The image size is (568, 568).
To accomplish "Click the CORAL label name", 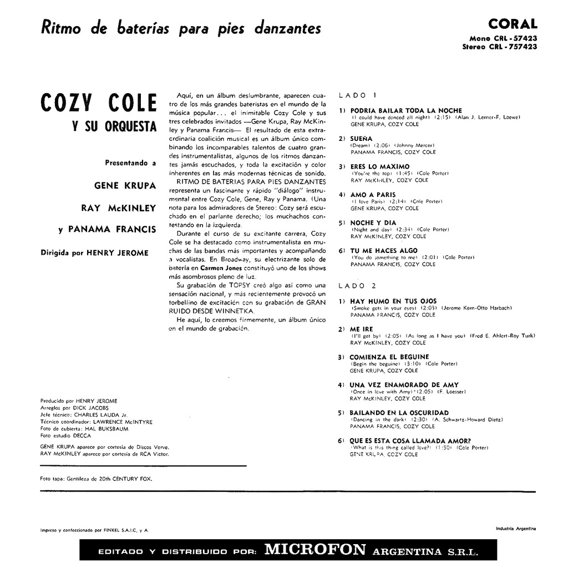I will pyautogui.click(x=513, y=24).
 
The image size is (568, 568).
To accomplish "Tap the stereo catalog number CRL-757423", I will pyautogui.click(x=499, y=47).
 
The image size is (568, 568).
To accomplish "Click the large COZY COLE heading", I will pyautogui.click(x=99, y=104).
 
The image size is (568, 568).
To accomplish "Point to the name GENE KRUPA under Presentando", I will pyautogui.click(x=125, y=185).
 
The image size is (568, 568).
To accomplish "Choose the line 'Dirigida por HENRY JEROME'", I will pyautogui.click(x=95, y=253).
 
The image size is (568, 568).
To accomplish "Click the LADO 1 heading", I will pyautogui.click(x=357, y=95).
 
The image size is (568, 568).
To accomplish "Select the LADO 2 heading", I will pyautogui.click(x=357, y=286).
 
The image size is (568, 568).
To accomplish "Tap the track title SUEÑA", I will pyautogui.click(x=362, y=139).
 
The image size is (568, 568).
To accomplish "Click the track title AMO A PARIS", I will pyautogui.click(x=373, y=195).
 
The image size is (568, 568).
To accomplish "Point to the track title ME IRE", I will pyautogui.click(x=362, y=329).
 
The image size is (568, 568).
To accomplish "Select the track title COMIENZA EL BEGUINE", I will pyautogui.click(x=389, y=357).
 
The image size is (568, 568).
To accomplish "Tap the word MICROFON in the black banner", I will pyautogui.click(x=315, y=550).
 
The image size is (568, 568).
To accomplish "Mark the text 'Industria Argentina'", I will pyautogui.click(x=516, y=529).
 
